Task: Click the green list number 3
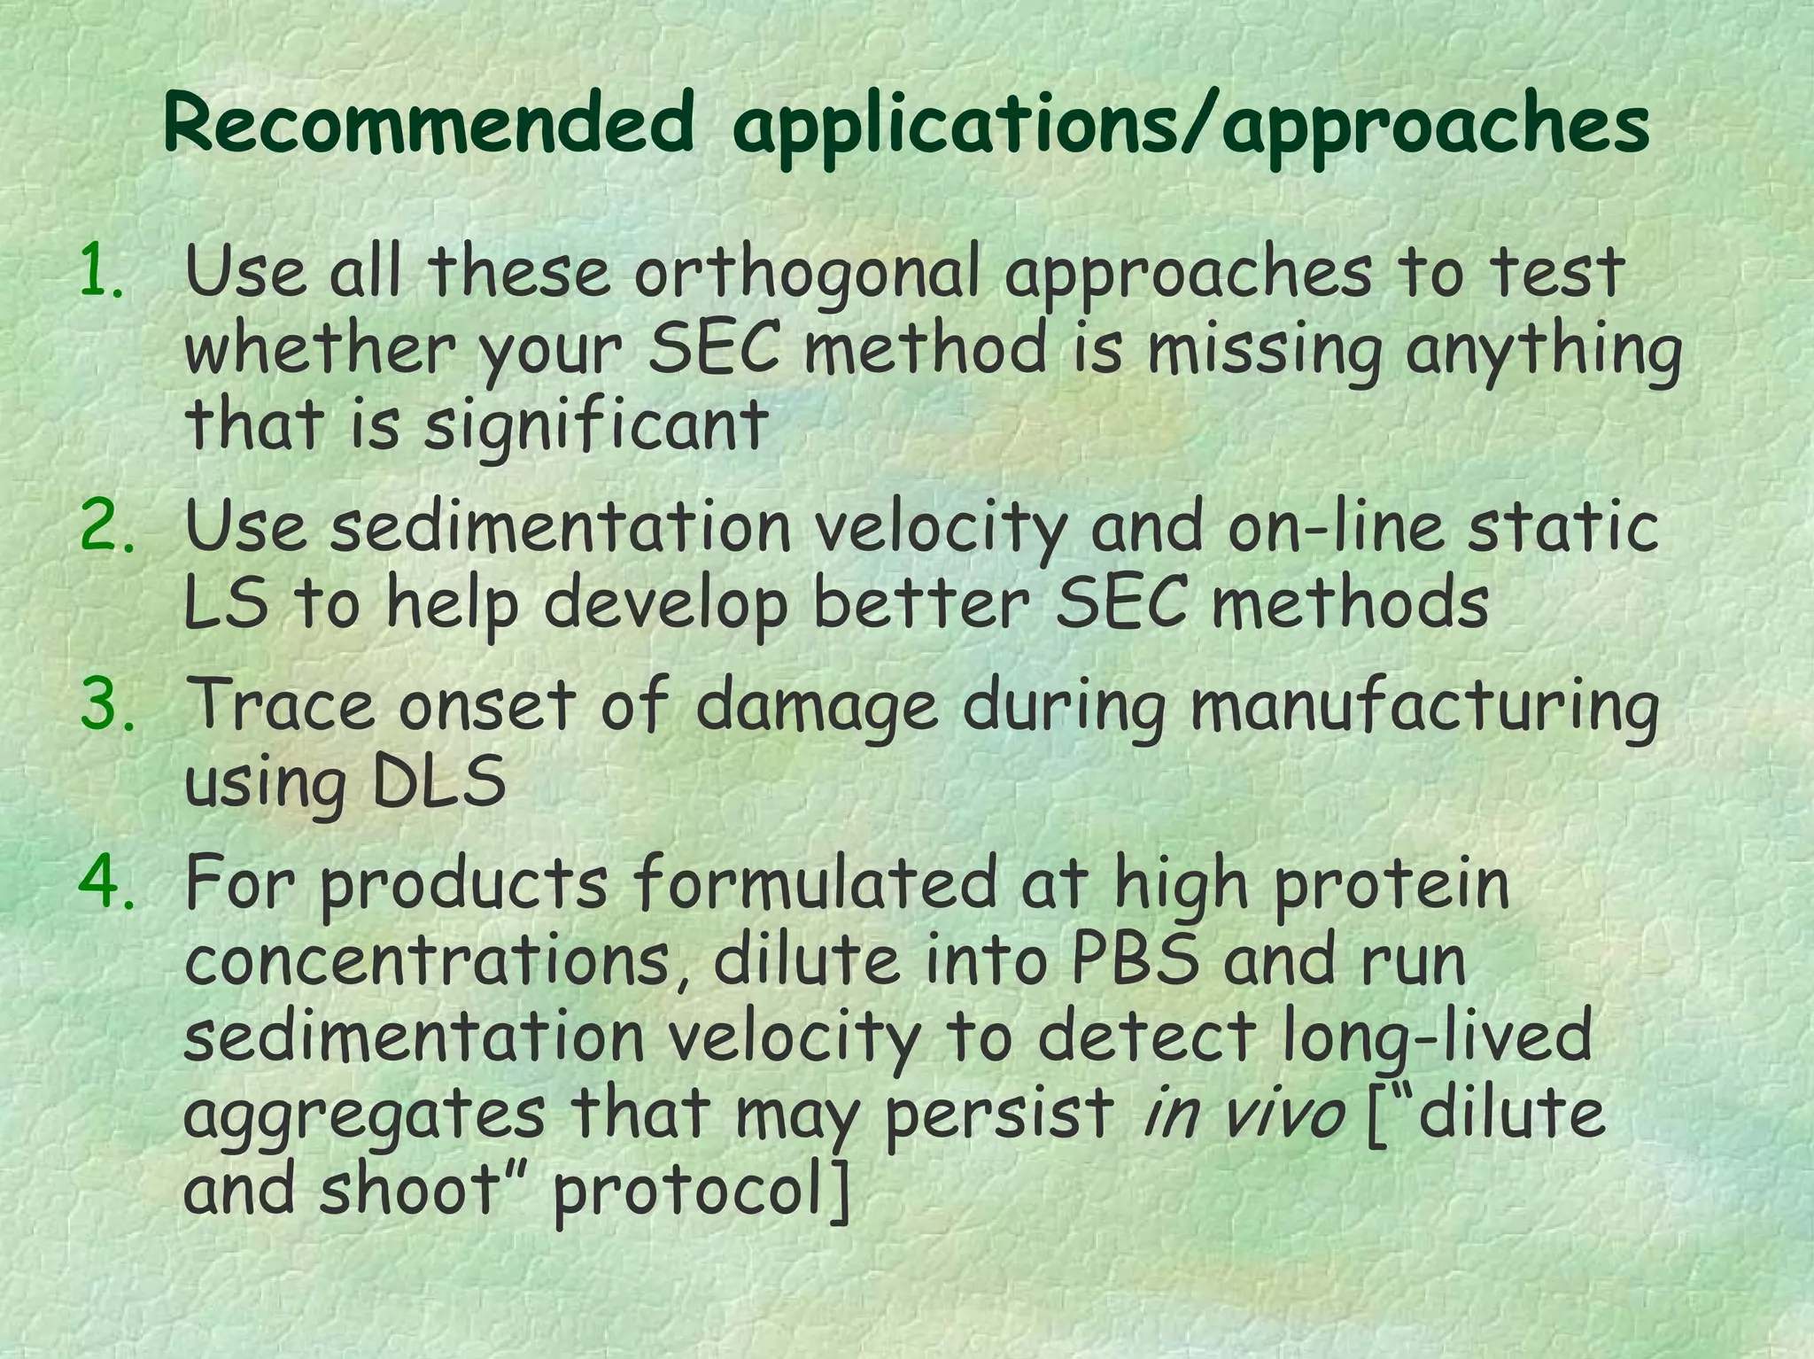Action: coord(106,705)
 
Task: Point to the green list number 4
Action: coord(106,883)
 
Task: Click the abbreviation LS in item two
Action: coord(225,603)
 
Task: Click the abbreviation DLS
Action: coord(438,782)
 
